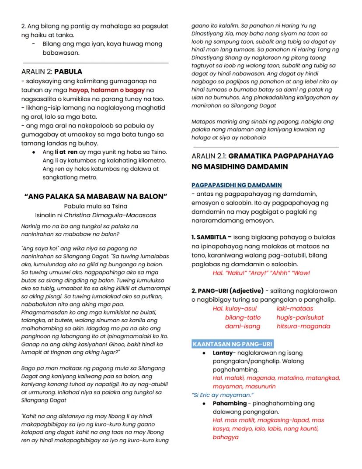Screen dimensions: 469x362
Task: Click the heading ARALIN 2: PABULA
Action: point(52,71)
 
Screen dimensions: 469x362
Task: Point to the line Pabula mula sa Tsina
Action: point(96,206)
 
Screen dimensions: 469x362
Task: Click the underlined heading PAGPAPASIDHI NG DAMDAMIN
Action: point(237,185)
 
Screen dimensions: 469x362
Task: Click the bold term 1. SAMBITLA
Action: point(211,237)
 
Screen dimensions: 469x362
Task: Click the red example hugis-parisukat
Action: point(300,317)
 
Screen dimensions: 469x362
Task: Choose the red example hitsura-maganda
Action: point(303,326)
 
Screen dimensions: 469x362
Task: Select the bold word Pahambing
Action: point(230,403)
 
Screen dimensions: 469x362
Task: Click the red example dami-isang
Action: point(242,326)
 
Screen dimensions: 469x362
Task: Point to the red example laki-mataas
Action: point(295,309)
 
